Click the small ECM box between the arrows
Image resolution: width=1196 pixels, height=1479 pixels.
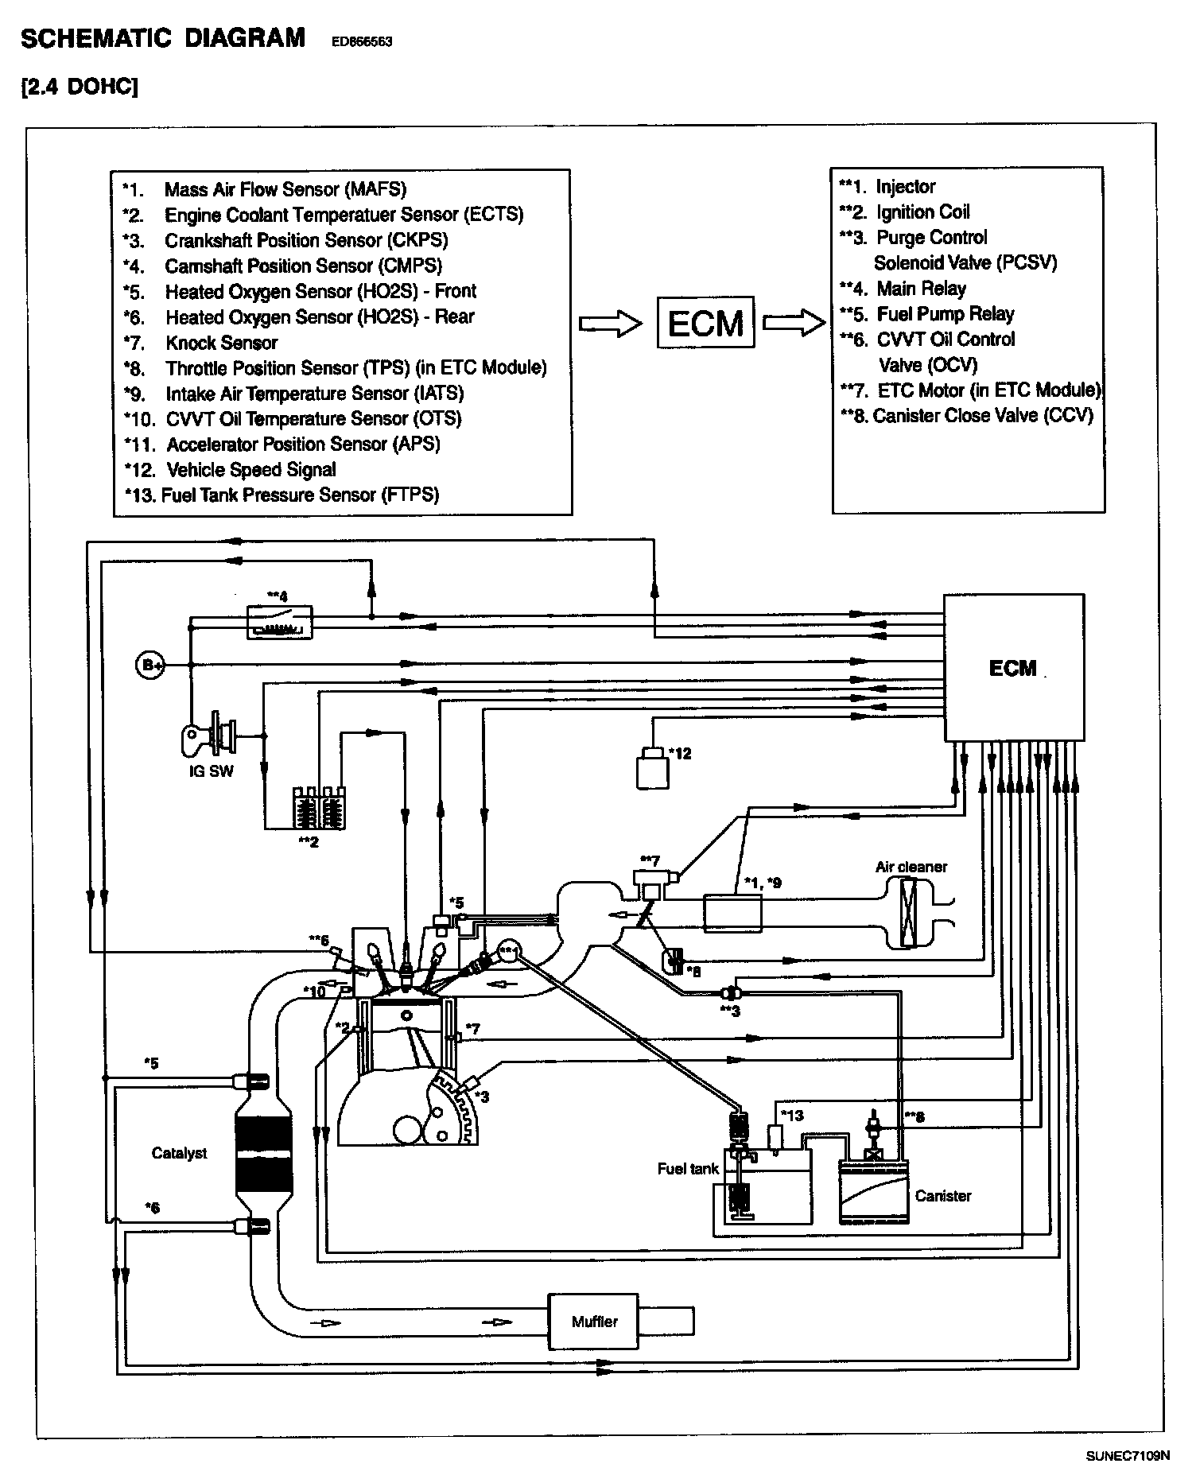pyautogui.click(x=705, y=322)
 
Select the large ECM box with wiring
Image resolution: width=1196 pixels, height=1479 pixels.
pyautogui.click(x=1014, y=667)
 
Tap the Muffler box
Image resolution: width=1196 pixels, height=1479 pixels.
pyautogui.click(x=594, y=1322)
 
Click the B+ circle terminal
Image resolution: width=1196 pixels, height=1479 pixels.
pyautogui.click(x=149, y=665)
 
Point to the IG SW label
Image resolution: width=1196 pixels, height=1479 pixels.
pyautogui.click(x=212, y=771)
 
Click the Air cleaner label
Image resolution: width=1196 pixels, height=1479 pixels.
pyautogui.click(x=911, y=867)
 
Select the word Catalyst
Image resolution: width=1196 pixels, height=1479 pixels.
pyautogui.click(x=179, y=1153)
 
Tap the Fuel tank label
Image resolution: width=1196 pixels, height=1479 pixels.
pyautogui.click(x=688, y=1168)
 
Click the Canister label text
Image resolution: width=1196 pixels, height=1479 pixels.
pyautogui.click(x=943, y=1195)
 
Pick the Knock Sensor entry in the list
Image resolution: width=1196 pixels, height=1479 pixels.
pyautogui.click(x=201, y=343)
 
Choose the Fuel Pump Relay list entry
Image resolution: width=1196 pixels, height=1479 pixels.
pyautogui.click(x=926, y=313)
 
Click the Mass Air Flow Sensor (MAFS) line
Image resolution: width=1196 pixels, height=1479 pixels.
pyautogui.click(x=265, y=189)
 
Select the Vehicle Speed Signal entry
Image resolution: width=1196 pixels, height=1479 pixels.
pyautogui.click(x=231, y=469)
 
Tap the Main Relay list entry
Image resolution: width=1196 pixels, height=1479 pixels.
pyautogui.click(x=903, y=288)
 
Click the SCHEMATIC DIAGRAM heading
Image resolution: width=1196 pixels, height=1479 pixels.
pyautogui.click(x=163, y=38)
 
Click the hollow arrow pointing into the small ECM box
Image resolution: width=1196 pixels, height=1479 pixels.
pyautogui.click(x=610, y=324)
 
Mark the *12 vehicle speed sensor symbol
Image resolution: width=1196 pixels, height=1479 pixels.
pyautogui.click(x=653, y=767)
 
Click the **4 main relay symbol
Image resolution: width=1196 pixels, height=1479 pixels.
pyautogui.click(x=279, y=621)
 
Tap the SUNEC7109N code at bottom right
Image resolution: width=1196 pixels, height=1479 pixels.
pyautogui.click(x=1128, y=1455)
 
